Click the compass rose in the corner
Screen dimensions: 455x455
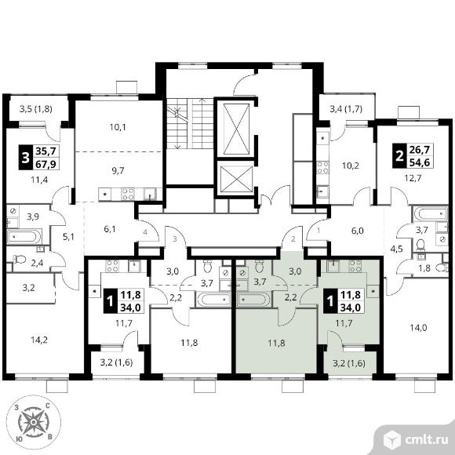coord(34,422)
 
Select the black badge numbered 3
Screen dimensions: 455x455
coord(26,158)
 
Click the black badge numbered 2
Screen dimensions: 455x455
coord(399,156)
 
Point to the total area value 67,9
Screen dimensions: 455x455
coord(45,165)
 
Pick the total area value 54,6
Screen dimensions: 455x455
coord(420,162)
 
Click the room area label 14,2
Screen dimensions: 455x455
coord(39,340)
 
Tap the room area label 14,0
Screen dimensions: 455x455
coord(418,328)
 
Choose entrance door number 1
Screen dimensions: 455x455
coord(318,231)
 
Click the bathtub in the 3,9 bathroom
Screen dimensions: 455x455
coord(24,236)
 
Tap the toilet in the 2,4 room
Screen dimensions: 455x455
coord(20,259)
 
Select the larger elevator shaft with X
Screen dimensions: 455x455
coord(236,129)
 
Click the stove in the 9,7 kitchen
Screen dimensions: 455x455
coord(128,194)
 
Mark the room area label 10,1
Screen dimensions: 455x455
coord(118,127)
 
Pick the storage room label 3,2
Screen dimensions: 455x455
coord(29,288)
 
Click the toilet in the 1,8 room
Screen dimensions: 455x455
coord(442,268)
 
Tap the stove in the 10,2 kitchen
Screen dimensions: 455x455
coord(322,168)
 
